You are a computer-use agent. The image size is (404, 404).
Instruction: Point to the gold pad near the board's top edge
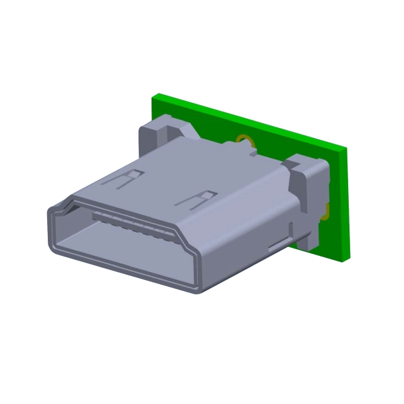(244, 142)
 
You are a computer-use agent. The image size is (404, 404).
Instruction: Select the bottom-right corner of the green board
(349, 257)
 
